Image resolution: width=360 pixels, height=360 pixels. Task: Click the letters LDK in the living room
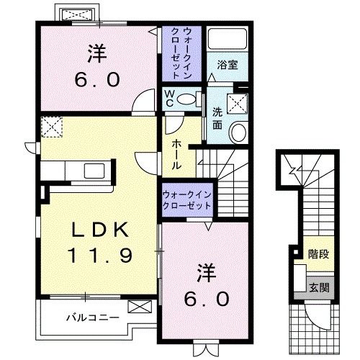point(100,230)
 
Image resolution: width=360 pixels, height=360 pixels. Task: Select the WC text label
point(167,96)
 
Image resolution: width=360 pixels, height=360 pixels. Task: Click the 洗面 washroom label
point(217,118)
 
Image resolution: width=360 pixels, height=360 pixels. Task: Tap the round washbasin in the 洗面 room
point(238,131)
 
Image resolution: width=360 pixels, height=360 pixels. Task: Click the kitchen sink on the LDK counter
point(93,171)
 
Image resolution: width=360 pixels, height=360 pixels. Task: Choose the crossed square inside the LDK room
point(50,128)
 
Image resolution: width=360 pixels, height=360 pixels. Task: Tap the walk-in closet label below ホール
point(186,199)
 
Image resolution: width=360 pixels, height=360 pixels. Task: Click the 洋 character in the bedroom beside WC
point(97,53)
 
